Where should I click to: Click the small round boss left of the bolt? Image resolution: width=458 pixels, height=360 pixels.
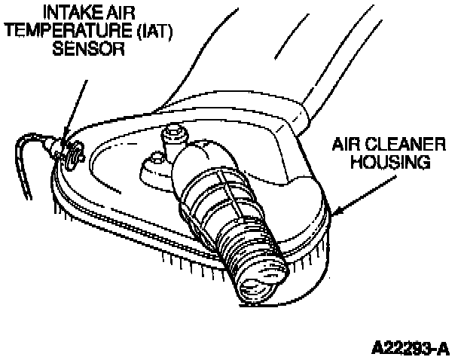[157, 158]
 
